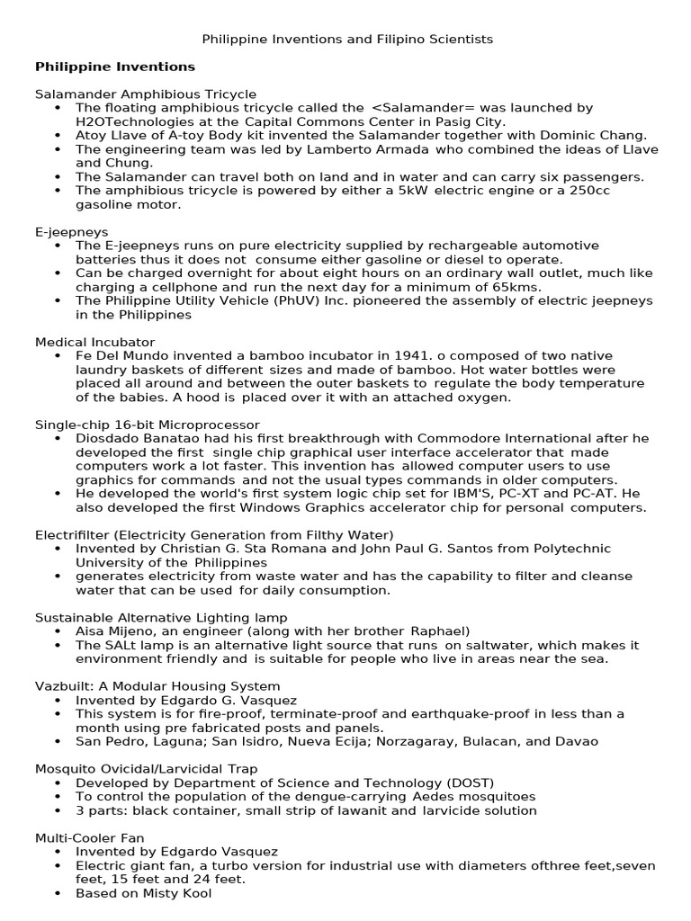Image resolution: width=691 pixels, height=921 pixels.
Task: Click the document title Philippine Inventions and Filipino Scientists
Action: pyautogui.click(x=347, y=40)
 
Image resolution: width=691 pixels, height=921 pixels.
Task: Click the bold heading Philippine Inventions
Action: pyautogui.click(x=114, y=67)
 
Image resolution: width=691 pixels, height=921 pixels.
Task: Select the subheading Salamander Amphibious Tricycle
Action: pyautogui.click(x=146, y=94)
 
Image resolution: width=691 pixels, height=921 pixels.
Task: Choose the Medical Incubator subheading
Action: pyautogui.click(x=94, y=343)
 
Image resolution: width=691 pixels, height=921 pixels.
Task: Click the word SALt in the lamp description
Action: pyautogui.click(x=120, y=645)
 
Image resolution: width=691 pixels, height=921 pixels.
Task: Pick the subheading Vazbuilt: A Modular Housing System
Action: pyautogui.click(x=157, y=686)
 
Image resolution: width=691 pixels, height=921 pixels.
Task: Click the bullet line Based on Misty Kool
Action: pyautogui.click(x=143, y=893)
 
